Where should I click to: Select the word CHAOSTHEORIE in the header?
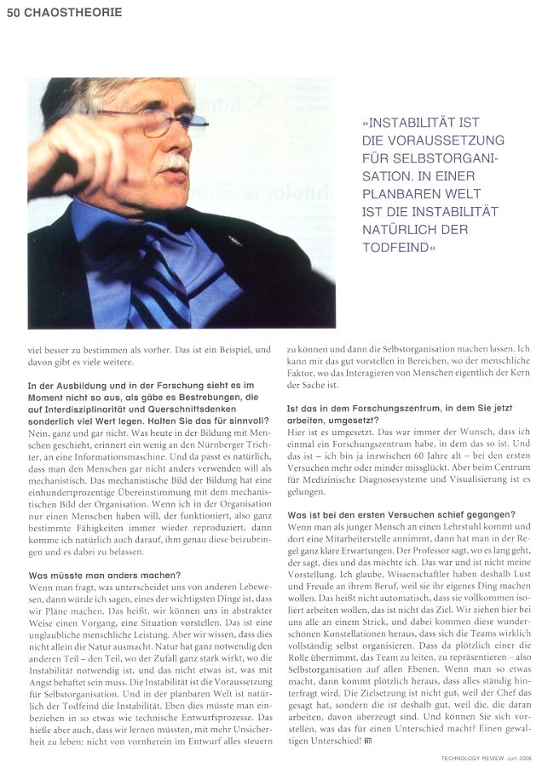pos(74,12)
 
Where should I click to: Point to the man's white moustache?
pos(174,161)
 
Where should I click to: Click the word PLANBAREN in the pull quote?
pos(397,193)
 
